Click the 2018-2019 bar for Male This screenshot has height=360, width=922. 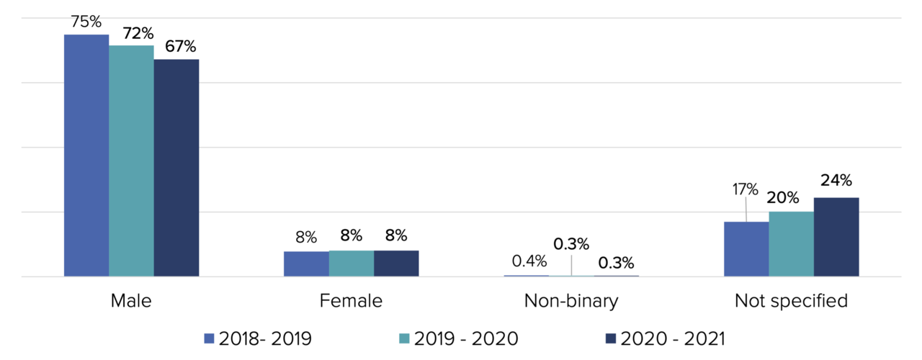(x=86, y=156)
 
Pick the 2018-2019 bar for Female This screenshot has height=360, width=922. (x=306, y=264)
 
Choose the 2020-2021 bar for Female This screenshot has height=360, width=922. (x=396, y=264)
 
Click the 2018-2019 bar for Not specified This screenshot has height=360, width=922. (x=746, y=249)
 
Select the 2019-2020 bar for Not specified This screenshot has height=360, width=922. (x=791, y=244)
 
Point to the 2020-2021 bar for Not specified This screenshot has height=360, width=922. (x=836, y=237)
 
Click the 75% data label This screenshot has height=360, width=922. (x=86, y=22)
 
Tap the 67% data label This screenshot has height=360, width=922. (x=180, y=47)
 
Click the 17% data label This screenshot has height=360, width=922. (x=745, y=189)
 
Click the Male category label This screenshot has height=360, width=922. (x=131, y=301)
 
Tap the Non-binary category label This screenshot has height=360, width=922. (x=571, y=301)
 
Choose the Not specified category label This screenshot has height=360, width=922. (x=791, y=301)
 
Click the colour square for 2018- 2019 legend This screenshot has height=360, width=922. (x=210, y=338)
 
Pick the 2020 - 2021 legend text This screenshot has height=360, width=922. (x=673, y=338)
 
